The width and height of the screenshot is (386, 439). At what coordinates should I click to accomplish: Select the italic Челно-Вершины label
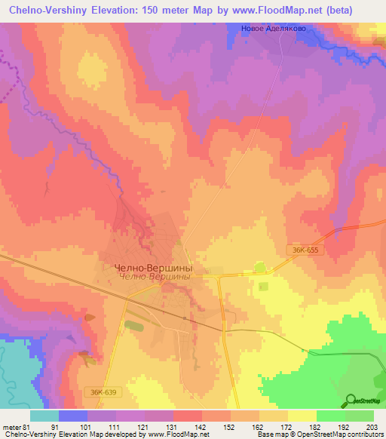[152, 277]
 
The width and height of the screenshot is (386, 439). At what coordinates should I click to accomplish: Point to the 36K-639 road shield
[100, 392]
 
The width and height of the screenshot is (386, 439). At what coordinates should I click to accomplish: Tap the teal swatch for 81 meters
[44, 416]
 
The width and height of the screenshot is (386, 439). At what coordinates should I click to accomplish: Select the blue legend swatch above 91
[72, 416]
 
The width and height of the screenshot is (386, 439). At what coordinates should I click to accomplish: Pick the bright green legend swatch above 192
[330, 416]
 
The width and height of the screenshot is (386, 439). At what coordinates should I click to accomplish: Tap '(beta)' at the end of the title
[359, 8]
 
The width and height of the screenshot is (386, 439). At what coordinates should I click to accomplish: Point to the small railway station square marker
[194, 319]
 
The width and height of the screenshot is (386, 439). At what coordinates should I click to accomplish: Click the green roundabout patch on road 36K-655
[261, 267]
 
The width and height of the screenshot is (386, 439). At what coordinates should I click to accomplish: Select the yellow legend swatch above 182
[302, 416]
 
